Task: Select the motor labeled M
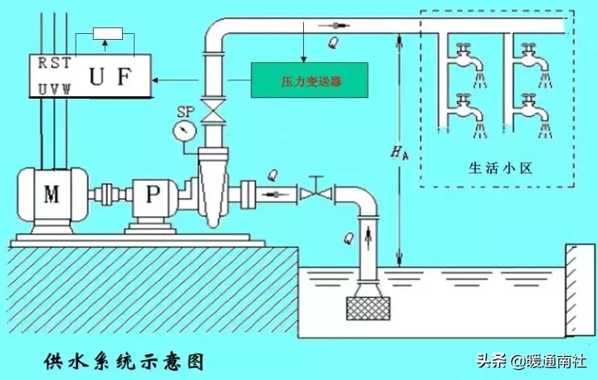coord(51,195)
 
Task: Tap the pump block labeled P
coord(151,195)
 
